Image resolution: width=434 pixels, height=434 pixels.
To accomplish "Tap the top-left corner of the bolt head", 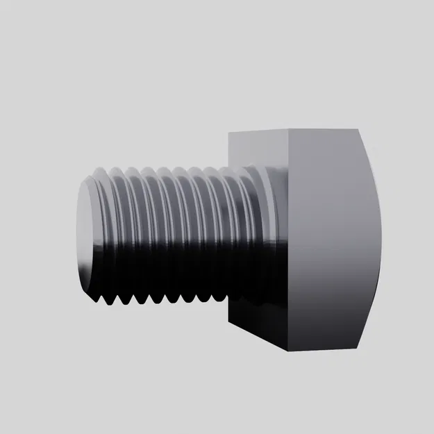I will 231,134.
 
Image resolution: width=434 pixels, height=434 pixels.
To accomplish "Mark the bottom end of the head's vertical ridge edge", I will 287,351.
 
